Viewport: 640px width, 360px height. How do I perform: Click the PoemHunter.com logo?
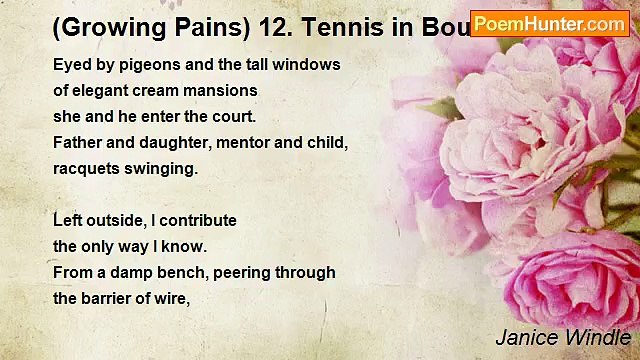[x=549, y=23]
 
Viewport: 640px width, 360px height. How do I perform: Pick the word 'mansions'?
[x=224, y=91]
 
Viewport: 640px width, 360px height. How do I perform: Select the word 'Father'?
[x=77, y=143]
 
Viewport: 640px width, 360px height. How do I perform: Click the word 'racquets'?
[x=86, y=169]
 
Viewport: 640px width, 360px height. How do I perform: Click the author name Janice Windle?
[x=562, y=337]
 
